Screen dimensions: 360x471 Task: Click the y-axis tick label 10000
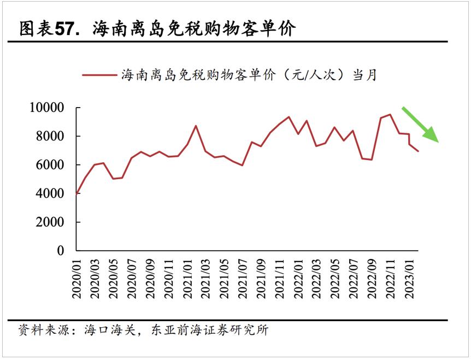tap(46, 108)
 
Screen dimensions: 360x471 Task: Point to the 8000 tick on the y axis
tap(50, 136)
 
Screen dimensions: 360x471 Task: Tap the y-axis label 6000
tap(50, 164)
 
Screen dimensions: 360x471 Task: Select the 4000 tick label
tap(50, 193)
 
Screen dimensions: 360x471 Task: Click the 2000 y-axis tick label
tap(50, 222)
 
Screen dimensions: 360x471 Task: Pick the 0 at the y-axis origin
tap(61, 251)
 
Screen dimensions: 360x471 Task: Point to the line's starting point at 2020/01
tap(77, 193)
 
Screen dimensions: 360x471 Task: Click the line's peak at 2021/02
tap(196, 126)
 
